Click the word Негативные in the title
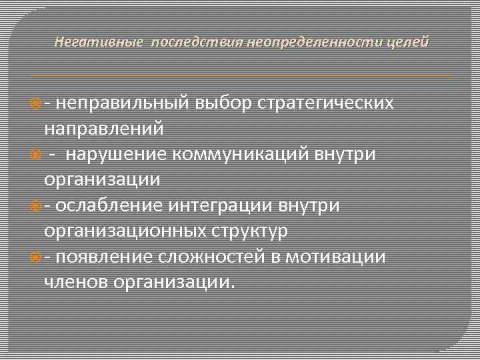tap(98, 43)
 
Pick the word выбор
tap(226, 104)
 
